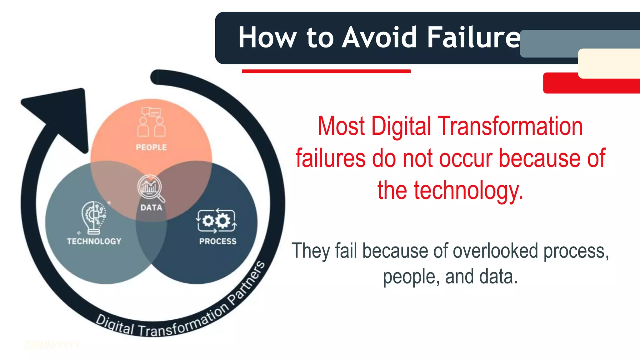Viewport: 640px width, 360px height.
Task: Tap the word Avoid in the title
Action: pos(379,37)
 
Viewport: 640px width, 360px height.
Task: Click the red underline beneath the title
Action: pos(326,71)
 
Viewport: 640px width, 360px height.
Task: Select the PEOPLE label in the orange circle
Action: pos(151,147)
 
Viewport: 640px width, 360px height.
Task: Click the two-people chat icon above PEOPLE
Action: pos(152,122)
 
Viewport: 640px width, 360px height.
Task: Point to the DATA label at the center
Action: pos(151,207)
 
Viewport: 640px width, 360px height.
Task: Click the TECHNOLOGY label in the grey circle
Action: pos(94,241)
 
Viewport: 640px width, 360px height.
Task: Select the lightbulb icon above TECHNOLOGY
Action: pos(94,217)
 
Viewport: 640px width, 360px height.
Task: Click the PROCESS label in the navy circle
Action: pos(218,241)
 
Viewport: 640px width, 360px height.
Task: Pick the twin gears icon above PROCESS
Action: pos(216,221)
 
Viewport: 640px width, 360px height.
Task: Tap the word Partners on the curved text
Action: pos(247,283)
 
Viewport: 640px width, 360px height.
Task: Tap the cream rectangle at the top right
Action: pos(609,63)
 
